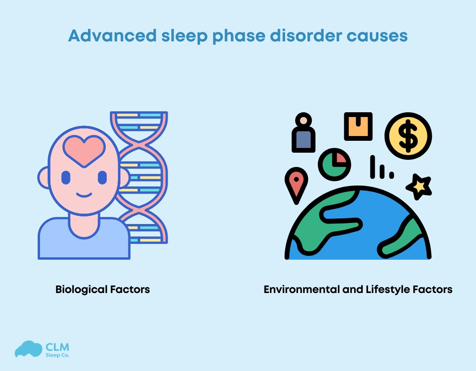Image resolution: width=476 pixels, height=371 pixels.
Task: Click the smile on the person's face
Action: point(84,195)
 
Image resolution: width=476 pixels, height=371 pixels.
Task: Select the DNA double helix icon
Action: point(143,181)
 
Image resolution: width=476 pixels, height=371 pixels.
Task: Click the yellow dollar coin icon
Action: point(408,136)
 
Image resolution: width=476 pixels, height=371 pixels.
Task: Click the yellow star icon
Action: point(419,186)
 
